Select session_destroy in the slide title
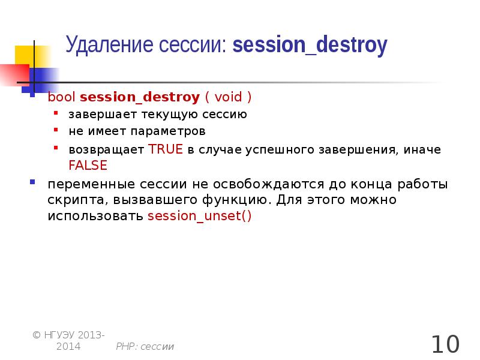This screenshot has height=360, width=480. [310, 46]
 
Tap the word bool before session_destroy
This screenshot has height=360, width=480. [62, 97]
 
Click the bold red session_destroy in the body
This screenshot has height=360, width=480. [139, 97]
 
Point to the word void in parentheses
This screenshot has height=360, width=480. [229, 97]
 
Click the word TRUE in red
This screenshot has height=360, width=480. [165, 150]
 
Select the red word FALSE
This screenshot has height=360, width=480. [88, 165]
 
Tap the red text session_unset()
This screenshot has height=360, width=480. [199, 216]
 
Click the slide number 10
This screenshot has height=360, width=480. [445, 344]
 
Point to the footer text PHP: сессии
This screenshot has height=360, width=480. [145, 346]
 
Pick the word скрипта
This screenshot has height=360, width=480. [68, 200]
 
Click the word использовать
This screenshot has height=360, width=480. [95, 216]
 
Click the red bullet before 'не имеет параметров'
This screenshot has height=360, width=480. [56, 130]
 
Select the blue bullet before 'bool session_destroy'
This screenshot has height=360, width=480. [33, 95]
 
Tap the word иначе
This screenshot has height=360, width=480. [422, 150]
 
